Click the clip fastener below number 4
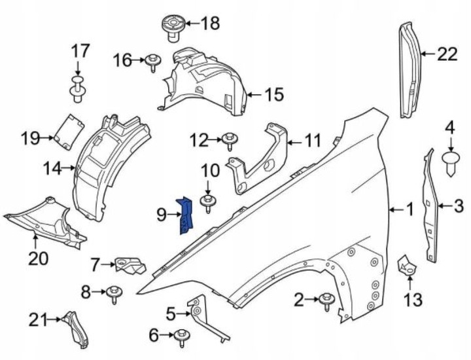pos(449,162)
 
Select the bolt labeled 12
pos(230,140)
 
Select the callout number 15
pos(274,95)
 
